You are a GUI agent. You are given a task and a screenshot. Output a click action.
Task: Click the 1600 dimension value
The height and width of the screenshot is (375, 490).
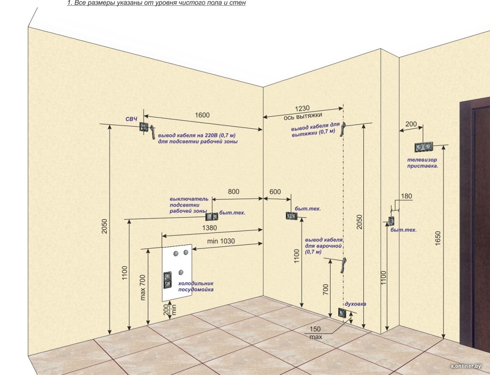(202, 115)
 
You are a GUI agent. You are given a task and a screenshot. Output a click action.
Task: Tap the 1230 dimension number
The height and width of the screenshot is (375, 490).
(302, 108)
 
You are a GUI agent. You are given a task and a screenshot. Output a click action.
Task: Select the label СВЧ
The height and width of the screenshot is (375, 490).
(131, 120)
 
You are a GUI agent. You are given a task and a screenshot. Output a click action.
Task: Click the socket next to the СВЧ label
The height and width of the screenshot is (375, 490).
(144, 127)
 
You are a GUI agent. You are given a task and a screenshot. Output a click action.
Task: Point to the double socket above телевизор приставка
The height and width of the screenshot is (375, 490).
(424, 147)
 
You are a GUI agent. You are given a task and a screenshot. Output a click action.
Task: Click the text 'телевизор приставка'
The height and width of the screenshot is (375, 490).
(422, 163)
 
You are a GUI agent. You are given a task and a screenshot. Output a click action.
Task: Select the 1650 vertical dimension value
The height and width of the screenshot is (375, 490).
(438, 238)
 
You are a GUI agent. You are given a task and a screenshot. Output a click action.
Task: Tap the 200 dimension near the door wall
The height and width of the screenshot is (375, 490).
(411, 124)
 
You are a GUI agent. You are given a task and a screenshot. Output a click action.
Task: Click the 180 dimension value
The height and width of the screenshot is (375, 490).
(406, 196)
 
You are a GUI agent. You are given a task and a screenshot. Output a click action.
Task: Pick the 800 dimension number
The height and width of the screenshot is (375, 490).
(234, 192)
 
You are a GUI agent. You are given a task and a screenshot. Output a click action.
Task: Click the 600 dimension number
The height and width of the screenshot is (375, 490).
(275, 192)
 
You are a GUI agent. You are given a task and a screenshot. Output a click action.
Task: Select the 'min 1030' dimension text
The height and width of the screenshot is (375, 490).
(221, 241)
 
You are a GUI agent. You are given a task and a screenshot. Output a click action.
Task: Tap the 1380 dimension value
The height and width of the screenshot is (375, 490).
(209, 228)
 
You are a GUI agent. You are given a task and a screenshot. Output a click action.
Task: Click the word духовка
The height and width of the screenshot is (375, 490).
(355, 304)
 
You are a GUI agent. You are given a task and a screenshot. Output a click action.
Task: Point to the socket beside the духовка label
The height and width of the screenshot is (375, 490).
(341, 313)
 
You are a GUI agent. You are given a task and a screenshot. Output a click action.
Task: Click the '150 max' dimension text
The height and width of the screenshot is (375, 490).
(315, 333)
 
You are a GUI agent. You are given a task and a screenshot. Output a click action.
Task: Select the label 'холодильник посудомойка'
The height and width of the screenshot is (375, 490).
(196, 287)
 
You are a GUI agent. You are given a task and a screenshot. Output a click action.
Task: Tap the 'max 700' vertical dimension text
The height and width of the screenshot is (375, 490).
(143, 287)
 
